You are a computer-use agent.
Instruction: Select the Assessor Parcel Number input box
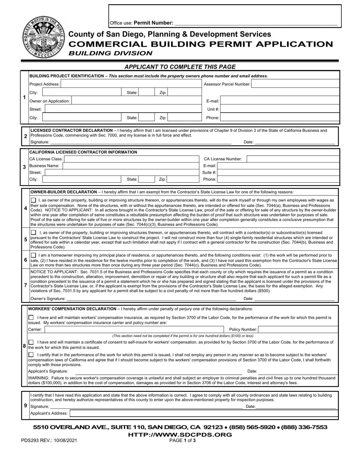pos(295,84)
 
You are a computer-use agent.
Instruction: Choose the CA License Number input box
pos(293,159)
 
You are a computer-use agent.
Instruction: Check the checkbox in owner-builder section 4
pos(33,200)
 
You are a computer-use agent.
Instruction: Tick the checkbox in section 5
pos(33,232)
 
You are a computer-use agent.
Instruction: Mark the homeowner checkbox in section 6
pos(33,255)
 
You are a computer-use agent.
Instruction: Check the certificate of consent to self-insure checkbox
pos(31,342)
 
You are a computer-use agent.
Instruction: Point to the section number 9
pos(25,405)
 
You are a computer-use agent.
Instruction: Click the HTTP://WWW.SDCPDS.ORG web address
pos(180,435)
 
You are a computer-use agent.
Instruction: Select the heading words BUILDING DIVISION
pos(110,53)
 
